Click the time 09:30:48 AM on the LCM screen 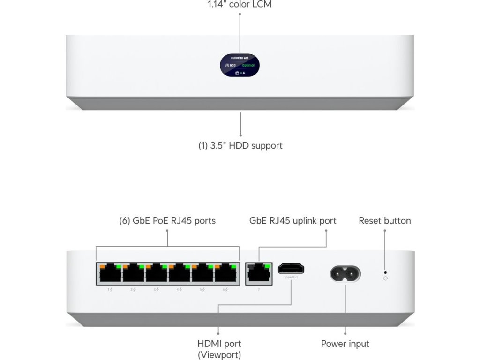tap(240, 58)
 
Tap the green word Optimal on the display tap(248, 66)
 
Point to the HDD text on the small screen tap(231, 66)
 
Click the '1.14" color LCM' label tap(240, 5)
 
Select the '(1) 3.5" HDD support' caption tap(240, 145)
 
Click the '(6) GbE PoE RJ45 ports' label tap(167, 220)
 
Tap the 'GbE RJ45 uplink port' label tap(292, 220)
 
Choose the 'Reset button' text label tap(384, 220)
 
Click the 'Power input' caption tap(345, 344)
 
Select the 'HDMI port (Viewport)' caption tap(219, 349)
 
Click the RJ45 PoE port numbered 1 tap(109, 273)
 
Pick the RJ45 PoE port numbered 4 tap(180, 273)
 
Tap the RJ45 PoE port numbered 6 tap(225, 273)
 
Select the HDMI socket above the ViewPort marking tap(291, 269)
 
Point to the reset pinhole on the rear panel tap(385, 271)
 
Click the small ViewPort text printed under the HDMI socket tap(291, 277)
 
